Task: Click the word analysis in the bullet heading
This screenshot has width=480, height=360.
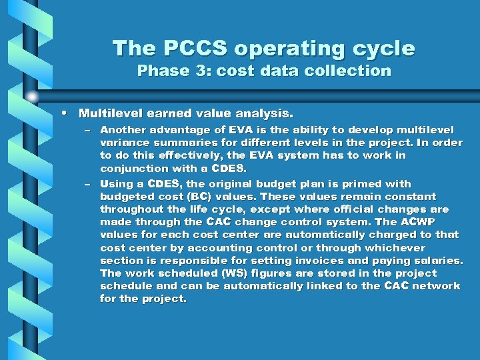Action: pos(263,114)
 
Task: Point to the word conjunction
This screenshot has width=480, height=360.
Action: pos(135,169)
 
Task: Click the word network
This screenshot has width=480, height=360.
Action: pos(436,286)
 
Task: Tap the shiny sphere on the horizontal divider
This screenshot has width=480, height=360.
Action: pos(31,97)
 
